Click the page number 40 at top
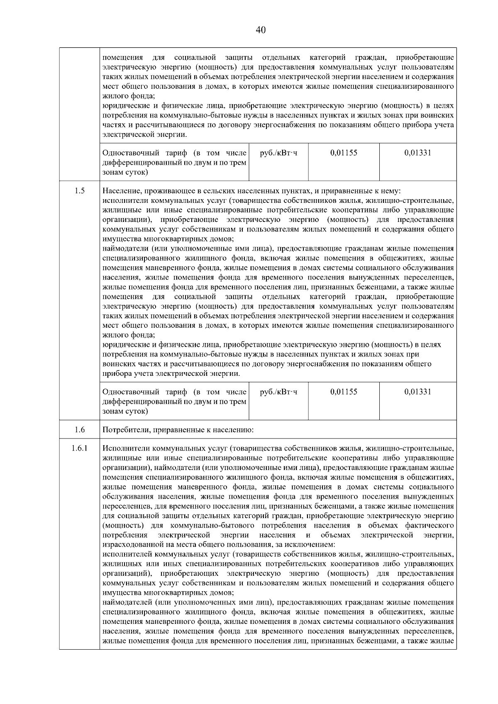pos(261,30)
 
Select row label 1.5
pos(80,191)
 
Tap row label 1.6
pos(80,430)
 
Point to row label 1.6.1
pos(80,448)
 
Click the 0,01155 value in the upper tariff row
pos(344,153)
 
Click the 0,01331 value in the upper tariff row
pos(417,153)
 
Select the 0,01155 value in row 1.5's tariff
pos(344,392)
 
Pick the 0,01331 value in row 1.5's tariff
pos(417,392)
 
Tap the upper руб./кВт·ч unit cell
pos(278,153)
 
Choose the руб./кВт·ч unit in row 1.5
pos(278,392)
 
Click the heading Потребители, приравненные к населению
pos(178,430)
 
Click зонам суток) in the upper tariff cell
pos(125,172)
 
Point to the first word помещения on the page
pos(122,58)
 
